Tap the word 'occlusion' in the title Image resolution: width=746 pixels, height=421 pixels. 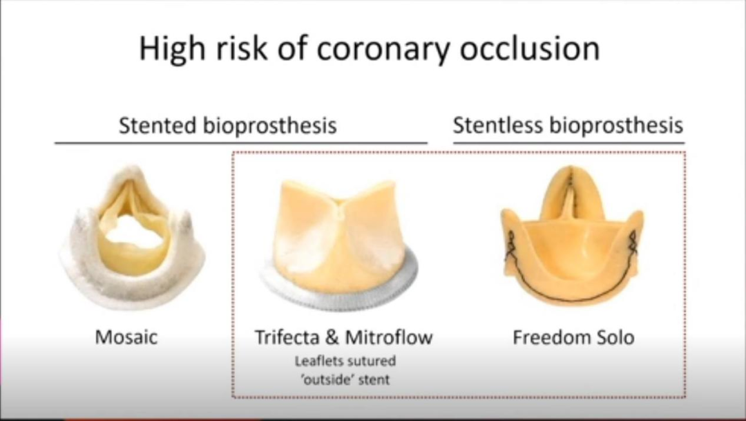pos(530,48)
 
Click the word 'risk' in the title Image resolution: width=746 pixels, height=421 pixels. pos(241,48)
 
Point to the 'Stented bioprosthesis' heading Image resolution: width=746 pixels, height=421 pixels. pos(228,126)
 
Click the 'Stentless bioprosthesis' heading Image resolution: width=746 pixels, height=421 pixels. pos(568,126)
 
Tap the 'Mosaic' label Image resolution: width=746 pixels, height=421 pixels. pos(126,337)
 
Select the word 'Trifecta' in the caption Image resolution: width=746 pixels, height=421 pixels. pos(287,337)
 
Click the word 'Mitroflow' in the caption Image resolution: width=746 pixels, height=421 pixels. pos(388,337)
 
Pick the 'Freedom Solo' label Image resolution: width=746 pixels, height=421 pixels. pos(573,337)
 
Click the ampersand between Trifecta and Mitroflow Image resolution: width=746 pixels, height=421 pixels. pos(332,337)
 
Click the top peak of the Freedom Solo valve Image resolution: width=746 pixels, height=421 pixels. pos(571,167)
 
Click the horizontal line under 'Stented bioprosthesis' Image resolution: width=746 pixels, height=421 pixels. pos(241,142)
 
